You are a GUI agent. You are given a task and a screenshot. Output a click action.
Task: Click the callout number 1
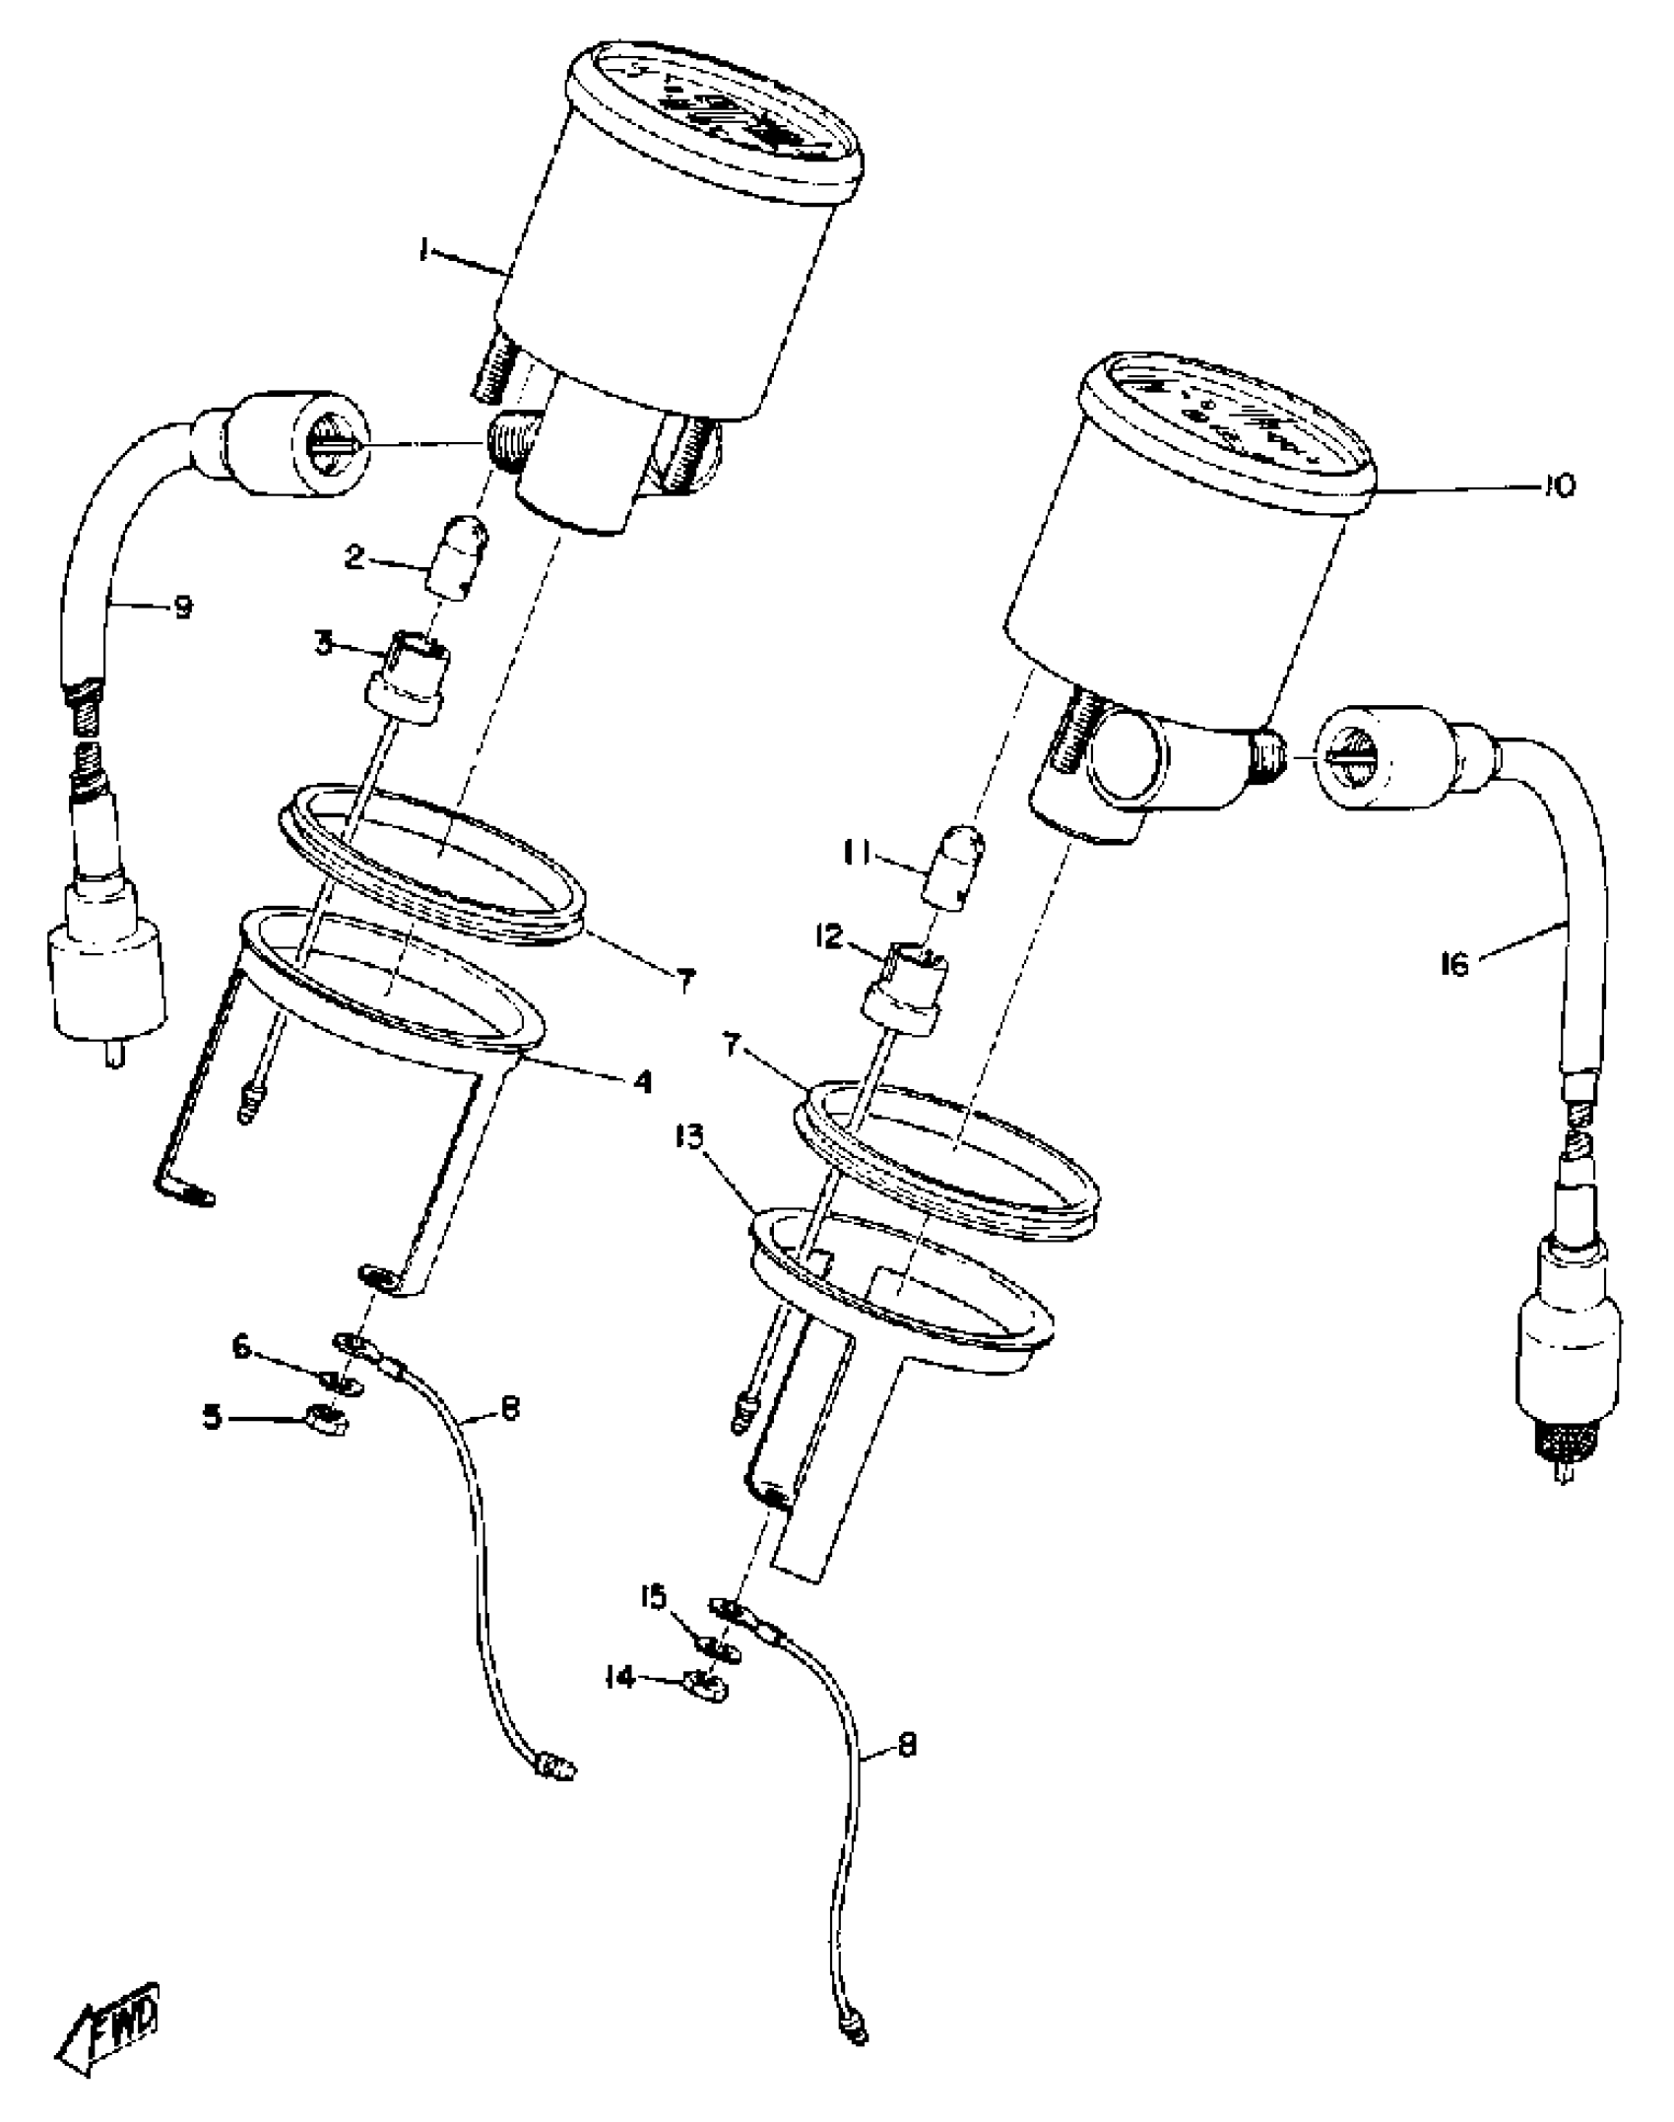422,253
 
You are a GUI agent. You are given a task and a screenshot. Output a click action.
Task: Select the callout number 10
1558,484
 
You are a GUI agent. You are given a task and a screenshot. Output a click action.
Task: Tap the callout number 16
1453,964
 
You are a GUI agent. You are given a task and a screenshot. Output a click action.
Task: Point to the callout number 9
182,607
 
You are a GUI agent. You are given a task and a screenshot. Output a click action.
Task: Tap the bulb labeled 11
953,867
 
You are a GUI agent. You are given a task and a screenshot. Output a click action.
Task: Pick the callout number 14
620,1677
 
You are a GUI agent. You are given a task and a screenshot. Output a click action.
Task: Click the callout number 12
829,936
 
